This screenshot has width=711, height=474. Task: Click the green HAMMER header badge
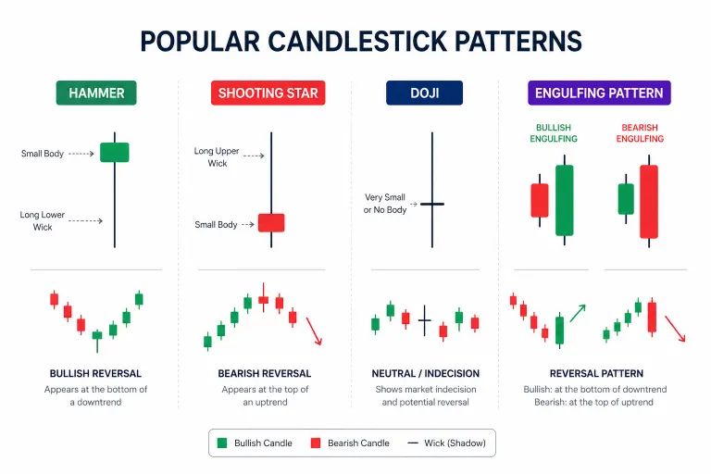pos(96,93)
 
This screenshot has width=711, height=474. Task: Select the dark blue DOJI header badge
pos(426,93)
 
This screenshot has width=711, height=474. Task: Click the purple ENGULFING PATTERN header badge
pos(599,93)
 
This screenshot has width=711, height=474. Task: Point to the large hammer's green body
pos(115,152)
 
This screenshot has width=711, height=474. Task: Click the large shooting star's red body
pos(271,222)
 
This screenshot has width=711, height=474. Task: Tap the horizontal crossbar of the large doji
pos(432,204)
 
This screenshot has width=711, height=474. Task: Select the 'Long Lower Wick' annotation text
pos(43,220)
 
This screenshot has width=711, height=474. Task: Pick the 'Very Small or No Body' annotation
pos(385,204)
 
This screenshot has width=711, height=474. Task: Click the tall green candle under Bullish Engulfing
pos(564,200)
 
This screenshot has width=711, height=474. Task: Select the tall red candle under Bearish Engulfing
pos(648,202)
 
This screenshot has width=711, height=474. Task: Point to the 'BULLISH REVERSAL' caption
pos(95,373)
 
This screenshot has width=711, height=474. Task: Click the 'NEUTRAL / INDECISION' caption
pos(425,373)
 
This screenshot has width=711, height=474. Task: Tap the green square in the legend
pos(222,443)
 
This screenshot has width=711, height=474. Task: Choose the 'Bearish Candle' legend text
pos(358,443)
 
